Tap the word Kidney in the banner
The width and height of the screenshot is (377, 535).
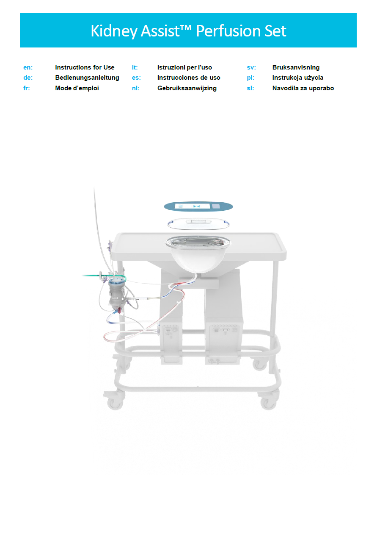pyautogui.click(x=114, y=31)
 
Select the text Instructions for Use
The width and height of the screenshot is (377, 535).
pyautogui.click(x=85, y=67)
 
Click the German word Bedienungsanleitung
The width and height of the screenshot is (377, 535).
pyautogui.click(x=87, y=78)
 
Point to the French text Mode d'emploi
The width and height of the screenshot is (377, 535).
pyautogui.click(x=77, y=88)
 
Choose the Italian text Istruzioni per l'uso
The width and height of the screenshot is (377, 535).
pyautogui.click(x=184, y=67)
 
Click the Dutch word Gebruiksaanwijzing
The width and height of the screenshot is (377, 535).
pyautogui.click(x=187, y=88)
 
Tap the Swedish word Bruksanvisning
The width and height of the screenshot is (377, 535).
pyautogui.click(x=296, y=67)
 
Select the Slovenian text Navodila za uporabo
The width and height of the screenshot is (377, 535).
pyautogui.click(x=303, y=88)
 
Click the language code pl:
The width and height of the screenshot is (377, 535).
pyautogui.click(x=250, y=78)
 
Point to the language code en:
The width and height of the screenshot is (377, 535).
pyautogui.click(x=28, y=67)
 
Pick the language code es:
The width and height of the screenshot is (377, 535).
pyautogui.click(x=136, y=78)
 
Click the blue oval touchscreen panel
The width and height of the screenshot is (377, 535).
pyautogui.click(x=198, y=206)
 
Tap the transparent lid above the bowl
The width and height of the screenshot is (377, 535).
pyautogui.click(x=198, y=223)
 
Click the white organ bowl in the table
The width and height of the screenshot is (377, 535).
pyautogui.click(x=198, y=254)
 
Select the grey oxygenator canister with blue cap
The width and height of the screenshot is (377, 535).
pyautogui.click(x=116, y=293)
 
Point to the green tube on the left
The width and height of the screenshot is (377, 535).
pyautogui.click(x=104, y=276)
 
